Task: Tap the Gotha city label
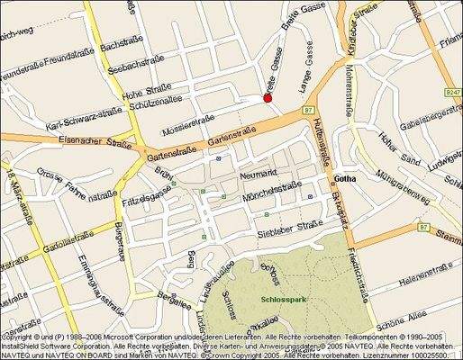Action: tap(345, 180)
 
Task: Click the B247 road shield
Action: tap(452, 91)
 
